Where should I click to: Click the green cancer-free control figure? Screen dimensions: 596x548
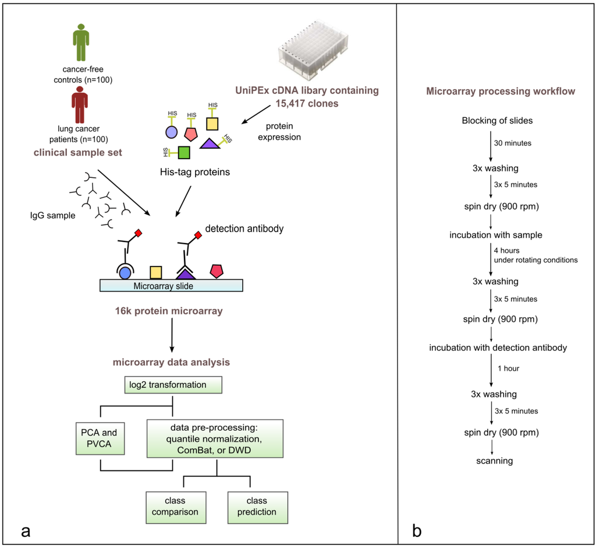point(81,43)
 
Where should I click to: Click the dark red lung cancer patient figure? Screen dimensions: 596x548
point(80,105)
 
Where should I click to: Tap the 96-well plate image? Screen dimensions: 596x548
point(313,50)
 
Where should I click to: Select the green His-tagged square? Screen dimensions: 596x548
point(184,152)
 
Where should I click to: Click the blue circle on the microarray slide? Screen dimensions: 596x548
point(125,273)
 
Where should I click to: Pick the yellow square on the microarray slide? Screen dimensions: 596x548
point(156,272)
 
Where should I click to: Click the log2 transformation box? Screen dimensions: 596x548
point(173,385)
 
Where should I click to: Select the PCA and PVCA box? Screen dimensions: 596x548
point(100,438)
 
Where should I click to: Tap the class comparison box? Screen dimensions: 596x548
point(176,507)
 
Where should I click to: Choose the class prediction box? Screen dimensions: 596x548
point(258,507)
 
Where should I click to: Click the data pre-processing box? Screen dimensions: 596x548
point(215,439)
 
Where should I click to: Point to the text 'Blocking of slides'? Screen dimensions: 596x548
point(497,121)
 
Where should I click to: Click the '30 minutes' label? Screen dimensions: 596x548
point(513,143)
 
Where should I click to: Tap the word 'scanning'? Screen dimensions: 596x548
point(495,461)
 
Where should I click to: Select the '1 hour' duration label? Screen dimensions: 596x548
point(509,368)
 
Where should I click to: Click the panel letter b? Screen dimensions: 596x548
point(417,531)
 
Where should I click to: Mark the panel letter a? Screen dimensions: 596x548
point(26,532)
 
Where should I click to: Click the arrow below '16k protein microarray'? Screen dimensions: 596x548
point(172,335)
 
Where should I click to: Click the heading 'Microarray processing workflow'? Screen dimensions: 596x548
point(501,92)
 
